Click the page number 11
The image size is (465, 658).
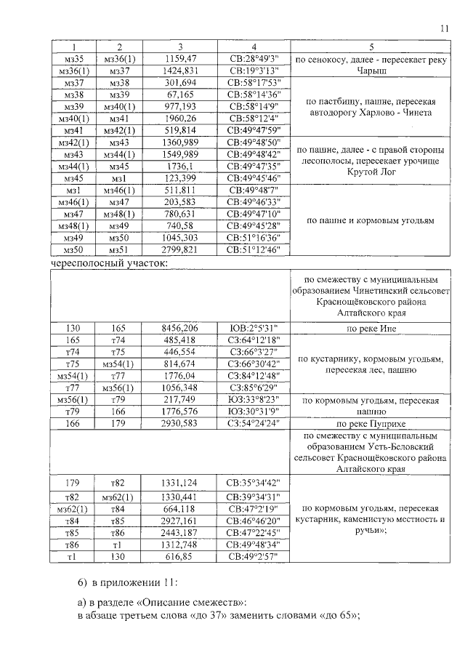[x=445, y=28]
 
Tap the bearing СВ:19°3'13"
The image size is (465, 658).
[x=248, y=70]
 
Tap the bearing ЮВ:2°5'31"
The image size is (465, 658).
[x=248, y=329]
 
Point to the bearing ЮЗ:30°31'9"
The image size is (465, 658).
[x=248, y=411]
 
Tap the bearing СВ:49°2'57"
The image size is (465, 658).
[x=248, y=556]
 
